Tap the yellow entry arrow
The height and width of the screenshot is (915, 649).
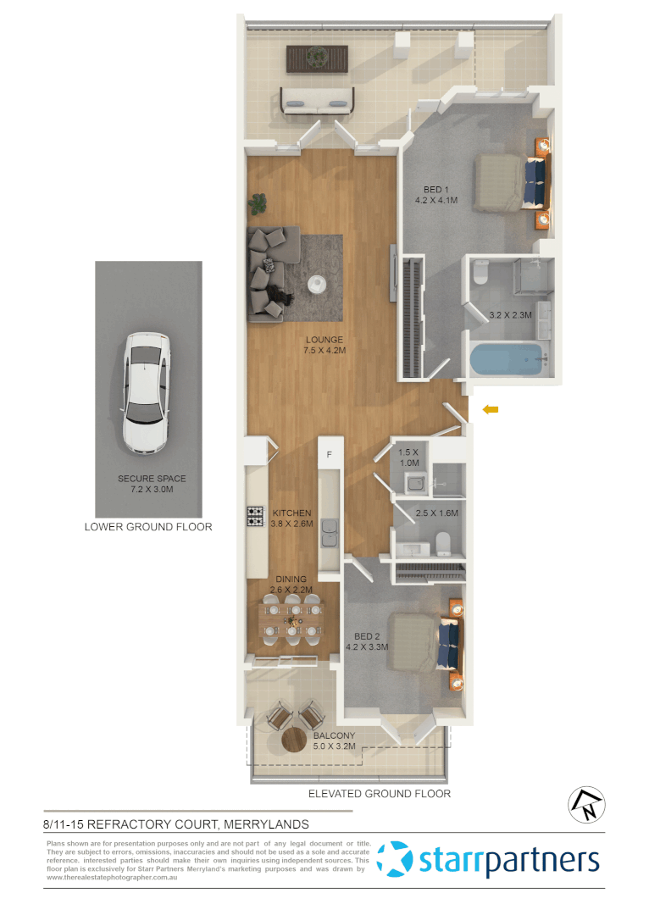tap(490, 410)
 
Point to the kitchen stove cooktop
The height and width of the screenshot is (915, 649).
tap(255, 514)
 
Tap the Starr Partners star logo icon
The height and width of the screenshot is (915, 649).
tap(395, 859)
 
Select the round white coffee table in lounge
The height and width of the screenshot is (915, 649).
tap(317, 283)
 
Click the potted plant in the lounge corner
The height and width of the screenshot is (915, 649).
tap(258, 203)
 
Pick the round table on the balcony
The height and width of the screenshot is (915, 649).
tap(299, 740)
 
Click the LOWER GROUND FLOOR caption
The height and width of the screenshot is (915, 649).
tap(148, 527)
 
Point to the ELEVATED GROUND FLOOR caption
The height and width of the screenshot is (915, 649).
tap(379, 794)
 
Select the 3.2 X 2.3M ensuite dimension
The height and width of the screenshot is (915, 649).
tap(510, 315)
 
